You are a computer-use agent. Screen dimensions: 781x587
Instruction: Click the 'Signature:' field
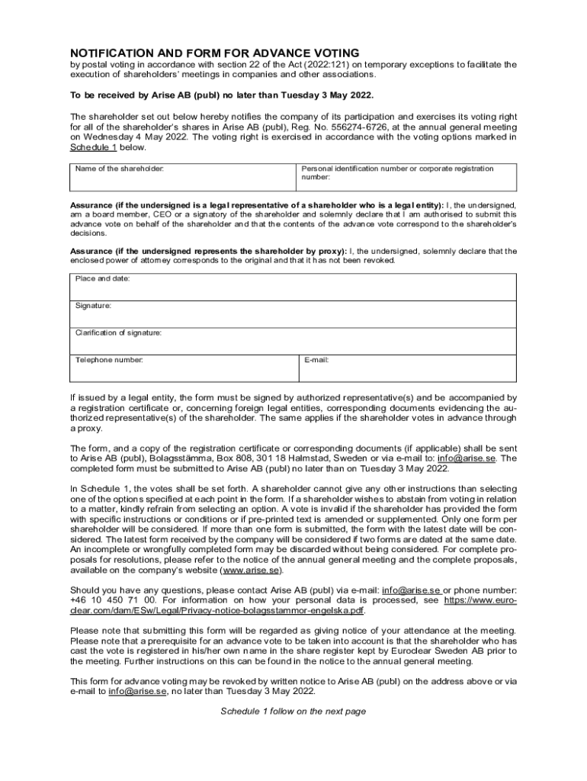pyautogui.click(x=293, y=314)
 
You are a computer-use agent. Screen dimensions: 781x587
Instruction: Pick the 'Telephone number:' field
pyautogui.click(x=183, y=368)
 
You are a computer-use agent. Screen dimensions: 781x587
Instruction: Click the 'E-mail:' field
pyautogui.click(x=406, y=368)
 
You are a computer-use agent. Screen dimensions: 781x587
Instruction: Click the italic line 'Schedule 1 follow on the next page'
pyautogui.click(x=293, y=712)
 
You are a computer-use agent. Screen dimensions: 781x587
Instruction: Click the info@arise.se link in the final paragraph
pyautogui.click(x=134, y=691)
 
